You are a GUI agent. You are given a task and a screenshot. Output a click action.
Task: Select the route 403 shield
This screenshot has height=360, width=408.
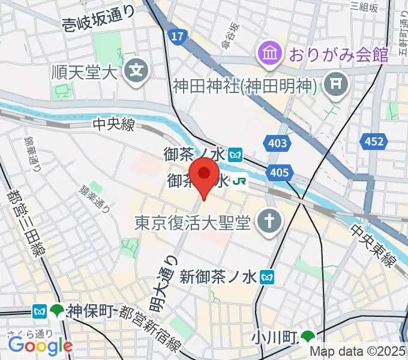click(x=275, y=142)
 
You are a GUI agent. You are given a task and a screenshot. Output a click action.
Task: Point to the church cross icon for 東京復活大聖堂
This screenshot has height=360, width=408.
click(x=267, y=223)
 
